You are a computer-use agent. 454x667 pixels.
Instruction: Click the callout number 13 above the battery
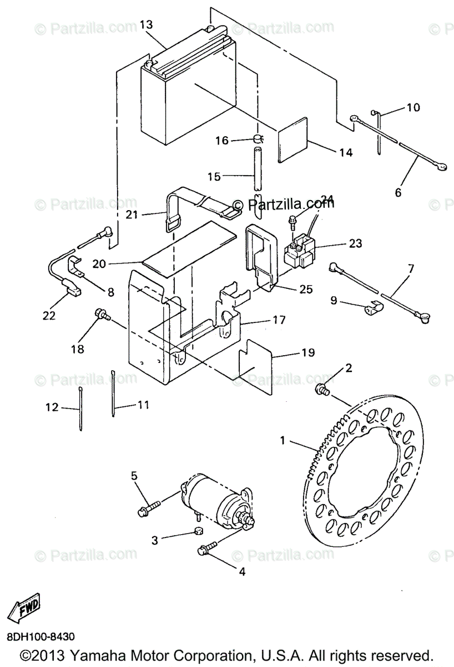coord(146,24)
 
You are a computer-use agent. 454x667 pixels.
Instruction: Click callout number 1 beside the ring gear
coord(283,441)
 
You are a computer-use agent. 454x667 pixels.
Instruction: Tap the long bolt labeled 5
coord(146,507)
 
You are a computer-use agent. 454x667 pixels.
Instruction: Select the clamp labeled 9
coord(371,307)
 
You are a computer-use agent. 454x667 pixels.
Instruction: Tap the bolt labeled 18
coord(101,314)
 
